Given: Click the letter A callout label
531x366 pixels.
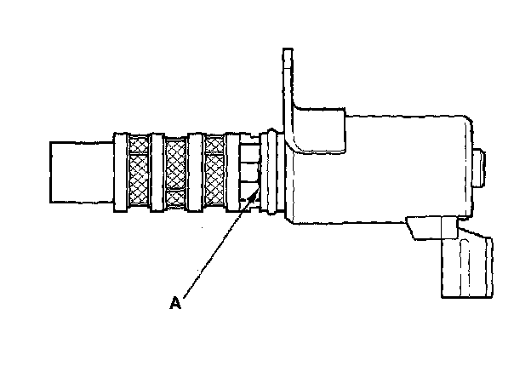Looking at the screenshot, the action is pos(175,302).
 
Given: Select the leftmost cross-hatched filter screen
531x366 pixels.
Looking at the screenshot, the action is pos(137,170).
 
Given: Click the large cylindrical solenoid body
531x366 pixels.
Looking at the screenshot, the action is pos(383,170).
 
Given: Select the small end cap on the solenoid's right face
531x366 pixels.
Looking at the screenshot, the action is pos(481,167).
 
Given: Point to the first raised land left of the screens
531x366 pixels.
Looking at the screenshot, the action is pos(118,170).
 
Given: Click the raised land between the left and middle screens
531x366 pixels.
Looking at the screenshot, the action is pos(157,170).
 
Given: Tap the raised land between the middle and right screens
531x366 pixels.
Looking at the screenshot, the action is pos(195,170).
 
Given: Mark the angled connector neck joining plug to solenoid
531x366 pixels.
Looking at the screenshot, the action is pos(430,228).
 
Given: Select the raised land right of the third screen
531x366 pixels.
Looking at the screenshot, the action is pos(233,170).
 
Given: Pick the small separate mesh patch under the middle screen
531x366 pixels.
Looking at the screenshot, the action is pos(175,198).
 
